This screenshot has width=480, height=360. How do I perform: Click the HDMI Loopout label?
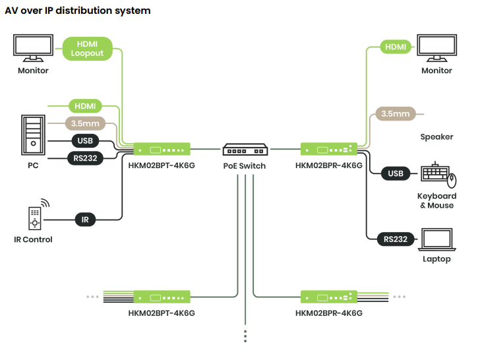[88, 48]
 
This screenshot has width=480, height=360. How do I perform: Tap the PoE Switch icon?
[244, 149]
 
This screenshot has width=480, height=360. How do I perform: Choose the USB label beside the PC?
[85, 141]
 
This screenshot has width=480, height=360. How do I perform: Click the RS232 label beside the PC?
[85, 158]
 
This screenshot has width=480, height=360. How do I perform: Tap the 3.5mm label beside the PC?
[85, 123]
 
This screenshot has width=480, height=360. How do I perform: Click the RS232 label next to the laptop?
[396, 239]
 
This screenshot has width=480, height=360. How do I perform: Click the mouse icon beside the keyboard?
[452, 179]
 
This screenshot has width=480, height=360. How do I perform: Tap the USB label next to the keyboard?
[396, 173]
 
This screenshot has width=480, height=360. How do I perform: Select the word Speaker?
[436, 137]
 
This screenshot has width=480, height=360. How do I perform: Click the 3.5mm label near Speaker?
[396, 113]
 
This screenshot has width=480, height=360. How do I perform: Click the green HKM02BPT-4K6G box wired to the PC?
[162, 149]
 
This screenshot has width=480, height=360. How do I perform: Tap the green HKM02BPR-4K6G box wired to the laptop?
[329, 149]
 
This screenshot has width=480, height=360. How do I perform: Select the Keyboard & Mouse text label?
[436, 200]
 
